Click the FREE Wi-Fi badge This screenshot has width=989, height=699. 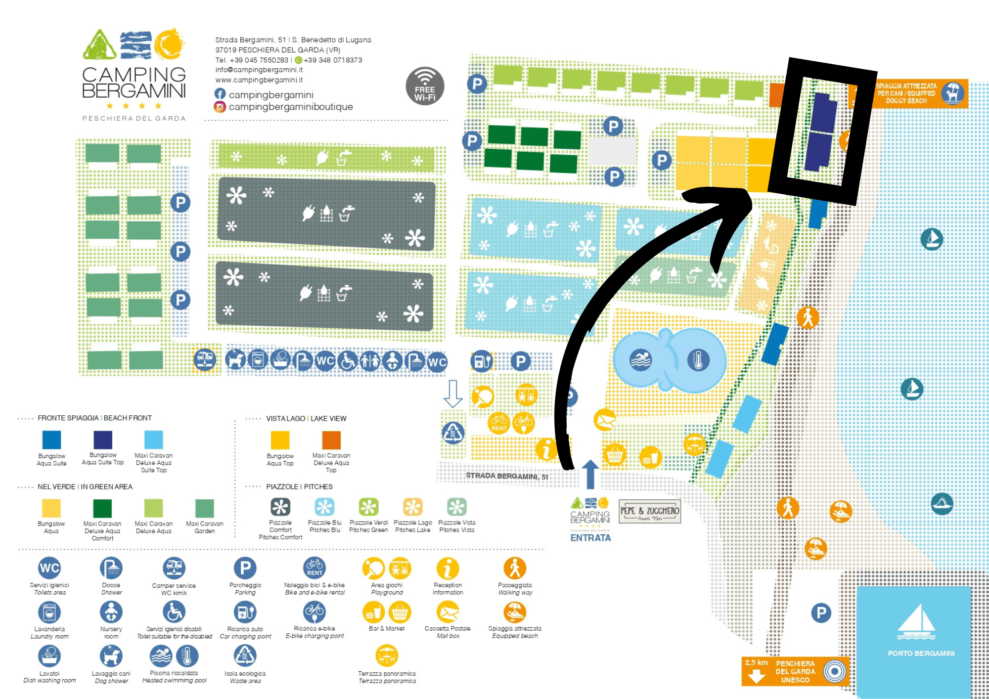425,86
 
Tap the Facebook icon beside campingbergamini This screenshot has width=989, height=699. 220,94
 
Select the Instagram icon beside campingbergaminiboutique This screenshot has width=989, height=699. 220,107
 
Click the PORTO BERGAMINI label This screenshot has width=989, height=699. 921,654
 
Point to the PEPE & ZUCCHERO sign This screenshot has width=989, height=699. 650,512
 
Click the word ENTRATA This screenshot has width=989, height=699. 590,538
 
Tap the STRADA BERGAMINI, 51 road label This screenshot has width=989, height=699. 507,476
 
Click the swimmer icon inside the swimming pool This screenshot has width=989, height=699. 640,360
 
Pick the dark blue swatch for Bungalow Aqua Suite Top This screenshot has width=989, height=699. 103,439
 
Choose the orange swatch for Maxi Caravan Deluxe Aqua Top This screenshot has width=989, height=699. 331,440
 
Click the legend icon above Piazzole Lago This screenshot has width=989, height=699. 412,507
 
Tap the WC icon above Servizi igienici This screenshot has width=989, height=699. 49,568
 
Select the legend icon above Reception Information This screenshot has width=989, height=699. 448,568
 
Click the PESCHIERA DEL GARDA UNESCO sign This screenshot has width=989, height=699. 795,671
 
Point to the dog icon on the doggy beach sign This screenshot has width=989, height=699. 952,93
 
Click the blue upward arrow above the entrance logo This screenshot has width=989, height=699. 590,474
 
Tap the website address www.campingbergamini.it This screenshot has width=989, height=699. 259,80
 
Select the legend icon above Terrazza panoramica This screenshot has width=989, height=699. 387,656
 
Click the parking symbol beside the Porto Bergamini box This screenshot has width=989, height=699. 821,613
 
